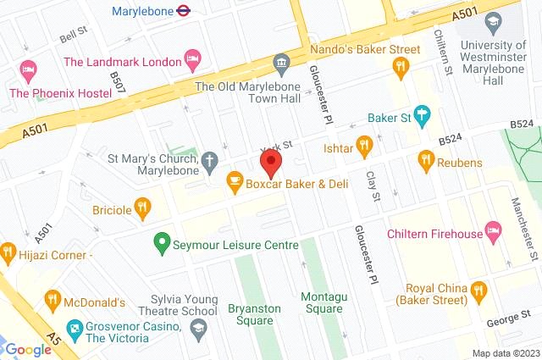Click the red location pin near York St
271,164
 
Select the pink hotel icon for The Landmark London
194,61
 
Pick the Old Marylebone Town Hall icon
281,63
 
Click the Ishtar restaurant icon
365,145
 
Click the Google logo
29,349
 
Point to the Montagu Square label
323,303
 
